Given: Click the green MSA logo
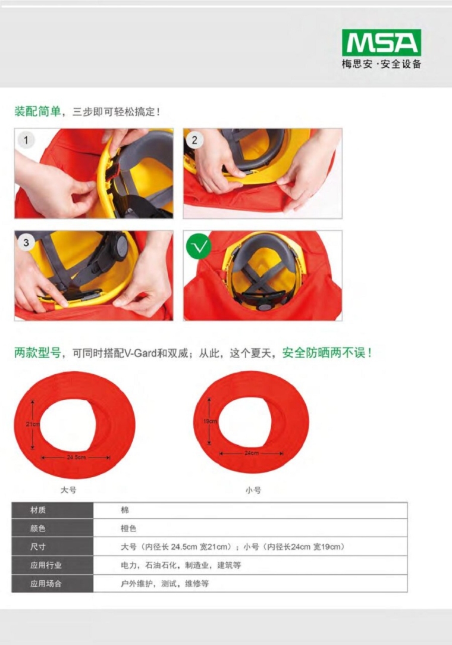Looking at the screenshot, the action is click(x=381, y=42).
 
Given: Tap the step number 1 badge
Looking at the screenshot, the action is click(x=26, y=140).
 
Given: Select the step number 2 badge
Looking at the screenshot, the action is click(x=194, y=140).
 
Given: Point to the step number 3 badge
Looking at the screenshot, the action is click(x=26, y=242).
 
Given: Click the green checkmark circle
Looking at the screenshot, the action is click(x=199, y=246).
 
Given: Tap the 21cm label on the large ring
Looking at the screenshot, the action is click(x=33, y=424).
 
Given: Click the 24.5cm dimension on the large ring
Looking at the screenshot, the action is click(x=76, y=458).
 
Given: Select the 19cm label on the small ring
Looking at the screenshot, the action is click(x=210, y=421).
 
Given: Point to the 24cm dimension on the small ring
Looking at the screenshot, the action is click(x=252, y=453).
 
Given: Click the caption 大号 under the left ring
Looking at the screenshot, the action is click(x=68, y=490).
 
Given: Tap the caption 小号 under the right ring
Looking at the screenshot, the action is click(x=253, y=490).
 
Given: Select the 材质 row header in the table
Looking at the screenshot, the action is click(x=38, y=510).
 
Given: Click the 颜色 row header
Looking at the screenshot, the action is click(x=38, y=528).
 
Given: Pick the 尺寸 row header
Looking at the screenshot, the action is click(x=38, y=547).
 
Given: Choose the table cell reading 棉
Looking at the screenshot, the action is click(x=125, y=510).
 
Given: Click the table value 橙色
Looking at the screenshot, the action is click(x=128, y=528).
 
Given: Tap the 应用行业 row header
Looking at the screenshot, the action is click(x=46, y=565).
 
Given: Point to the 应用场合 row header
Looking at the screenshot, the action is click(x=46, y=583).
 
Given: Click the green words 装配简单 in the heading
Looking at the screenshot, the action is click(x=37, y=111).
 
